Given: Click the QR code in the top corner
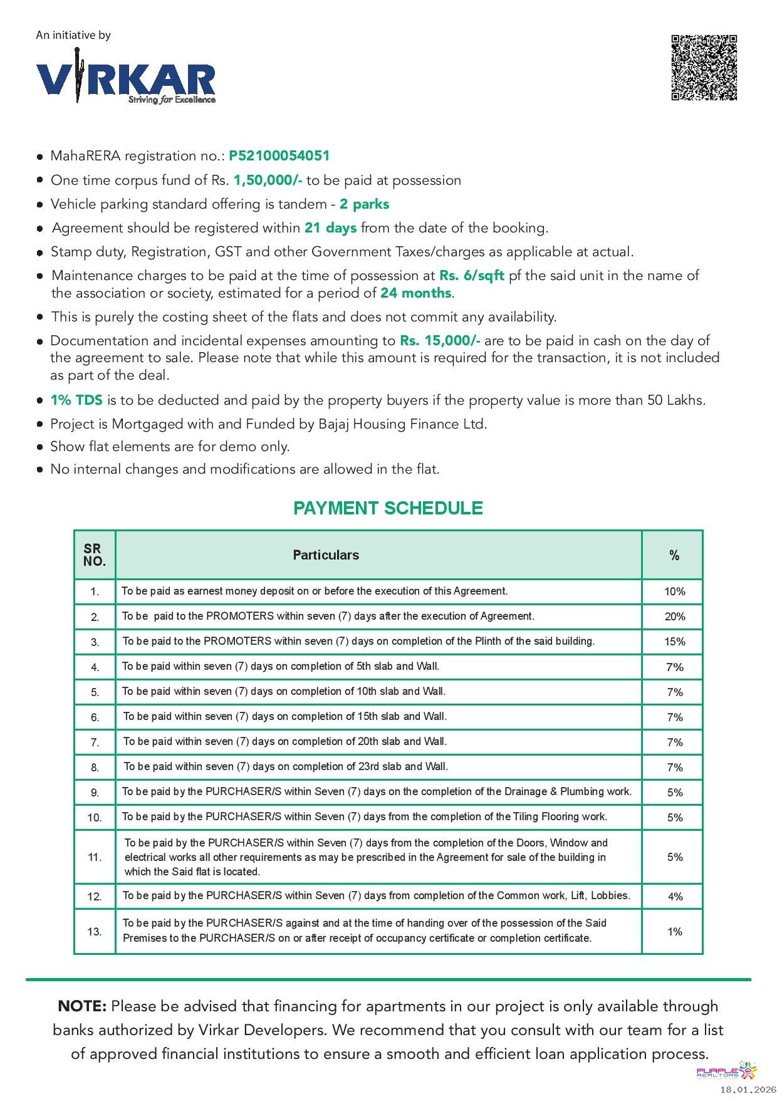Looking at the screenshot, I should [x=704, y=68].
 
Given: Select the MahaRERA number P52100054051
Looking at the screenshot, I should [x=279, y=156].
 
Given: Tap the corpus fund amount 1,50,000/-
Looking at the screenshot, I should [x=268, y=180].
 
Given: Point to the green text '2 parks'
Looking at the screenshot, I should [x=364, y=204].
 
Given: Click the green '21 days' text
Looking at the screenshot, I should [x=330, y=228].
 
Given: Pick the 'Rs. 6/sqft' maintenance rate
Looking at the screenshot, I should [x=471, y=276].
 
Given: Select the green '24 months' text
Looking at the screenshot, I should [x=415, y=293].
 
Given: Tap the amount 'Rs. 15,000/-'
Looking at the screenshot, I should [x=440, y=341].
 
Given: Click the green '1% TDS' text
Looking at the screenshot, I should [x=76, y=400].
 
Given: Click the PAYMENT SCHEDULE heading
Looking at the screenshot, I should [x=388, y=508].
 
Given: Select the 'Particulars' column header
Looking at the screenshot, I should [x=326, y=555].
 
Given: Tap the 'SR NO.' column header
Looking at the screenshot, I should [x=95, y=555].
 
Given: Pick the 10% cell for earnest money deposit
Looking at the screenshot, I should [x=674, y=591].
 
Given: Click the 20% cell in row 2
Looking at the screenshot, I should [x=674, y=617].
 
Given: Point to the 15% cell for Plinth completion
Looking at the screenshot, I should [x=674, y=642].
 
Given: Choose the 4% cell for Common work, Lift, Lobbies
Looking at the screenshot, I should [x=674, y=897].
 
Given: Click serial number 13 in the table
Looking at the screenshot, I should [x=95, y=932].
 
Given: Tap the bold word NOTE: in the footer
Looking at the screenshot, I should [x=82, y=1007].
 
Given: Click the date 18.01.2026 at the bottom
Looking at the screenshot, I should [x=747, y=1090].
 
